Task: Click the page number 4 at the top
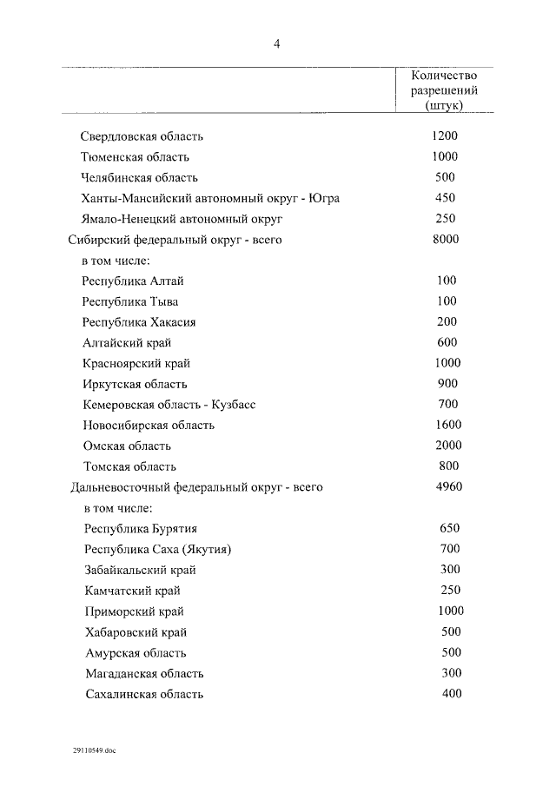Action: point(276,45)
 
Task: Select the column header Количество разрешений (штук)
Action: point(444,90)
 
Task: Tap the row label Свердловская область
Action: point(142,136)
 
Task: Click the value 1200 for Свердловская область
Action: point(445,136)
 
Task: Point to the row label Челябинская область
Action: point(140,177)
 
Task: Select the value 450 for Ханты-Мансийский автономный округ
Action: point(445,198)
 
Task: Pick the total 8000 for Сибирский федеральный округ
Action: point(446,240)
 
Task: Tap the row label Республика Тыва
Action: point(130,301)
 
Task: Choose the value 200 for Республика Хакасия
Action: point(447,321)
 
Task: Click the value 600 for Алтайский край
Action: point(447,342)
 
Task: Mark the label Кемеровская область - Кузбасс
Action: point(169,405)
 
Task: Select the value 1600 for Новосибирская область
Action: point(447,425)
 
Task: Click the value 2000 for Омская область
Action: point(447,446)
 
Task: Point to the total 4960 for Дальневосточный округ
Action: point(448,486)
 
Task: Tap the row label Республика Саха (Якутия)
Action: point(159,549)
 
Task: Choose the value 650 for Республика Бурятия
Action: point(449,528)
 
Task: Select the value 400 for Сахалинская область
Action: point(452,693)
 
